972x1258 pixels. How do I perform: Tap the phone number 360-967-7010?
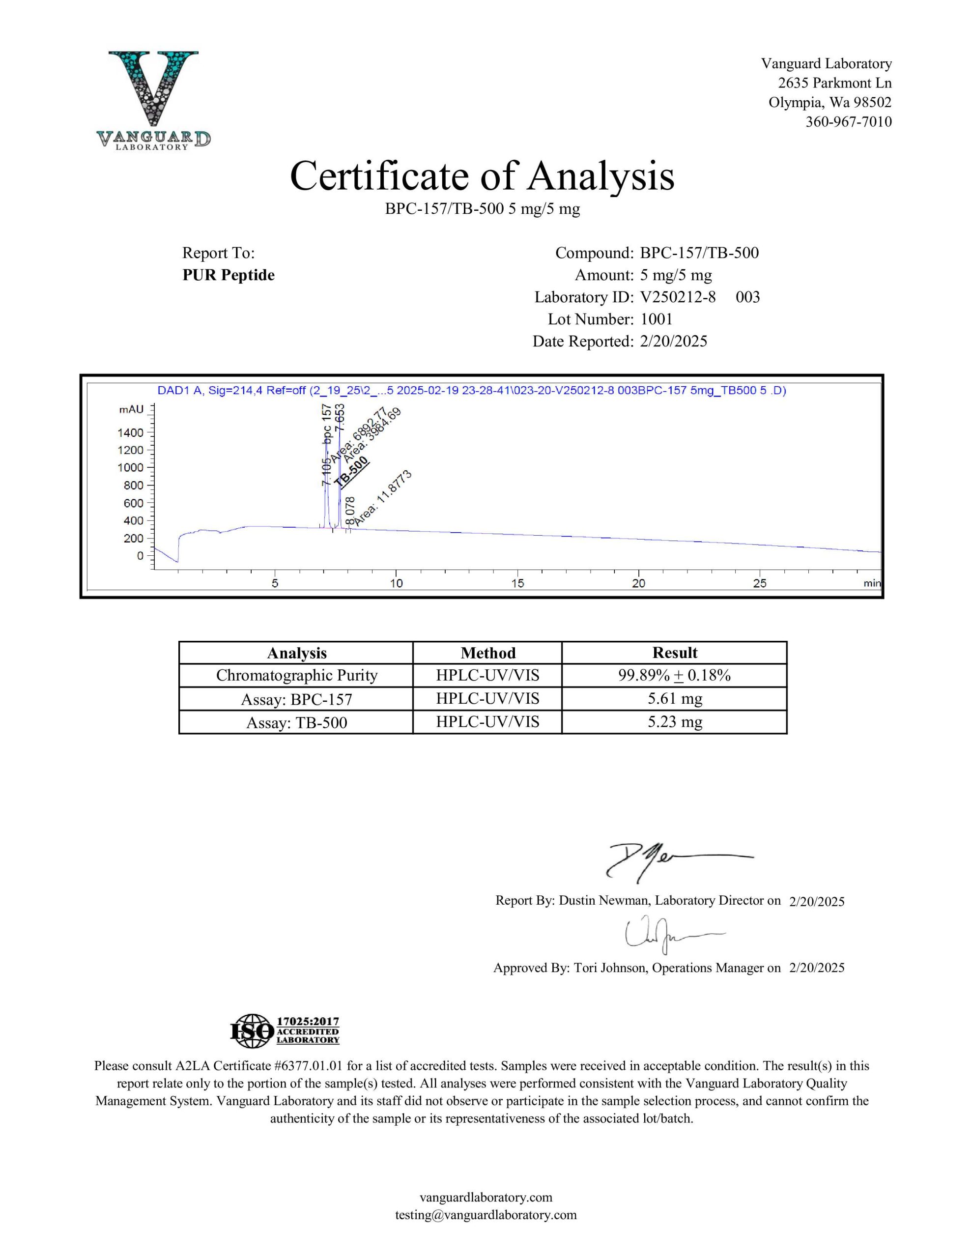pyautogui.click(x=848, y=121)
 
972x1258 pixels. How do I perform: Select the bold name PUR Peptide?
pyautogui.click(x=228, y=275)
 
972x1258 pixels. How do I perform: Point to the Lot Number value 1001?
pyautogui.click(x=656, y=319)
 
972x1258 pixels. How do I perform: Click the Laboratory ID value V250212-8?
pyautogui.click(x=678, y=297)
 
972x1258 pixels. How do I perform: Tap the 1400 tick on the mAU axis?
pyautogui.click(x=131, y=432)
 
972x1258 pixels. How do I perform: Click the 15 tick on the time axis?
pyautogui.click(x=517, y=583)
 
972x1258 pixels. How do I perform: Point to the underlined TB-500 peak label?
pyautogui.click(x=351, y=472)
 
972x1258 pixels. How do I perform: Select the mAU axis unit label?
pyautogui.click(x=131, y=409)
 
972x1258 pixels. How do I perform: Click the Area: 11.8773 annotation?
pyautogui.click(x=383, y=498)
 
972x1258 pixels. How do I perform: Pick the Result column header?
pyautogui.click(x=674, y=653)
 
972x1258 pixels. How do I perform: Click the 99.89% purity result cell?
pyautogui.click(x=674, y=675)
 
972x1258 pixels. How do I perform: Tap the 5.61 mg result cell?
pyautogui.click(x=674, y=699)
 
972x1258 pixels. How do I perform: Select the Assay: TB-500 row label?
pyautogui.click(x=296, y=722)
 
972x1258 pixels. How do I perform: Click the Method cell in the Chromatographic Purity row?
pyautogui.click(x=487, y=675)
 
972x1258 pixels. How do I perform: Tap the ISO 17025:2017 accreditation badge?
pyautogui.click(x=285, y=1031)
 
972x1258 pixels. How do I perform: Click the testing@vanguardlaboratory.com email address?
pyautogui.click(x=486, y=1215)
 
